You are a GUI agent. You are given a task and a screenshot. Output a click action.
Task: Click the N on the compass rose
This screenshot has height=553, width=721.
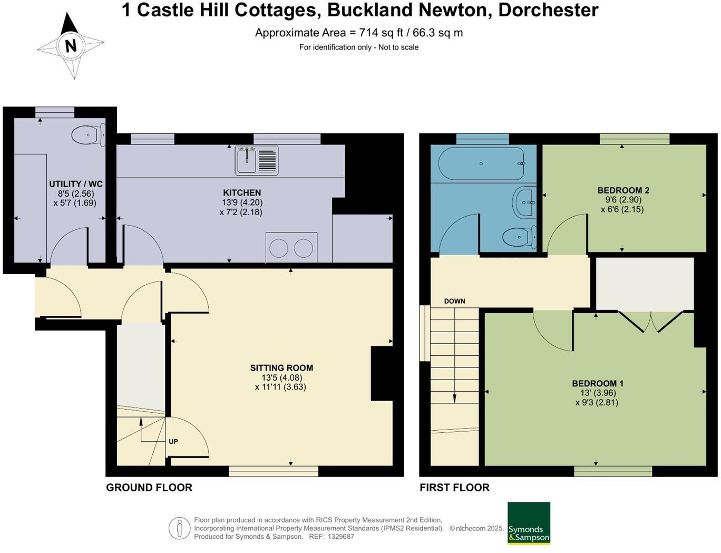coord(70,46)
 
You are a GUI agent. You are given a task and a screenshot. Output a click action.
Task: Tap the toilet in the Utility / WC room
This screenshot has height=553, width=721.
coord(87,135)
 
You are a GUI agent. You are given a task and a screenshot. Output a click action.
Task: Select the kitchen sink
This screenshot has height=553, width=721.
coord(246,160)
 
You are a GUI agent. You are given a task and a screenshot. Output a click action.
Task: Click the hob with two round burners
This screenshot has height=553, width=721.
coord(291,248)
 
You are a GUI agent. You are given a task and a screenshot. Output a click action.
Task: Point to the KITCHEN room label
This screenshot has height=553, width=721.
coord(242,193)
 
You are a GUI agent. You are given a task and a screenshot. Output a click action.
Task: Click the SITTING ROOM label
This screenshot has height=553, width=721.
coord(281,368)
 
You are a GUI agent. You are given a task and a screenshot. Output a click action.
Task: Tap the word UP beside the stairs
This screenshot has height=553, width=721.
coord(173,441)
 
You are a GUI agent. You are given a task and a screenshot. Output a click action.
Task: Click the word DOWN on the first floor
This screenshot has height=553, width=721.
coord(454,301)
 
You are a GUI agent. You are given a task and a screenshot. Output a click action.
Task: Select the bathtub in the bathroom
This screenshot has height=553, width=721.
coord(481,163)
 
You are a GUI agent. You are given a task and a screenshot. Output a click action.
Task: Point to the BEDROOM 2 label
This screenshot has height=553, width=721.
coord(623,190)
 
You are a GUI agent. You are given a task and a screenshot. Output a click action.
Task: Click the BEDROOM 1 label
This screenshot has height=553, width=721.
coord(598,384)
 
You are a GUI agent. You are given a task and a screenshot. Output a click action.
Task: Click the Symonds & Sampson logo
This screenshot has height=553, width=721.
coord(529,523)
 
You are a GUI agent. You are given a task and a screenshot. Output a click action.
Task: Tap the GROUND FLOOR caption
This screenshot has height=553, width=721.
coord(149,488)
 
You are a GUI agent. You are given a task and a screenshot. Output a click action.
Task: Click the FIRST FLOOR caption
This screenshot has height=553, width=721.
coord(454,488)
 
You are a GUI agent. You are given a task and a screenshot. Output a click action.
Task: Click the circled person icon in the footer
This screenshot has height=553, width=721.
coord(179,528)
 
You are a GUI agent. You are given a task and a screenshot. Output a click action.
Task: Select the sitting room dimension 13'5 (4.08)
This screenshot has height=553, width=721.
coord(281,377)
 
